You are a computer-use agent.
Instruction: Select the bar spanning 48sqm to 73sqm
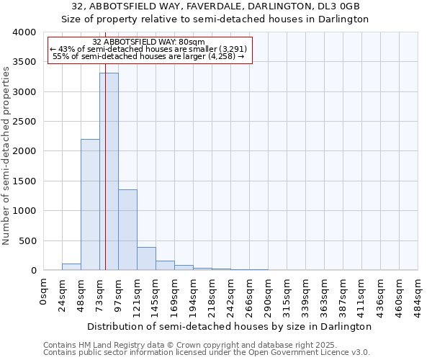pyautogui.click(x=90, y=204)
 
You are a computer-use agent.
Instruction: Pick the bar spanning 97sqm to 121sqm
pyautogui.click(x=127, y=230)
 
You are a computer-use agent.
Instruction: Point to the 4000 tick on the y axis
pyautogui.click(x=23, y=32)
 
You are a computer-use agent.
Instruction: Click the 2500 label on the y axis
pyautogui.click(x=23, y=122)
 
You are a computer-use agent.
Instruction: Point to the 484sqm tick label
pyautogui.click(x=418, y=296)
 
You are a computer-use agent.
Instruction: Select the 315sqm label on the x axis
pyautogui.click(x=287, y=296)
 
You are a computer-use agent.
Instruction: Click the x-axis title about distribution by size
pyautogui.click(x=230, y=326)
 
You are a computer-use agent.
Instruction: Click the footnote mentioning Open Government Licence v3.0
pyautogui.click(x=207, y=353)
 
